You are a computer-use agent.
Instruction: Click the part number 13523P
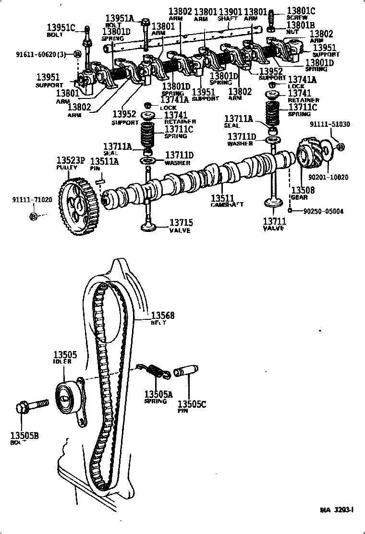pyautogui.click(x=71, y=160)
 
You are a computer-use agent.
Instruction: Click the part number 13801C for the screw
pyautogui.click(x=301, y=11)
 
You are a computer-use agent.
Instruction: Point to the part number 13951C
pyautogui.click(x=61, y=27)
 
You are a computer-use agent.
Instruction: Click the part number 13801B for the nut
pyautogui.click(x=301, y=24)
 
